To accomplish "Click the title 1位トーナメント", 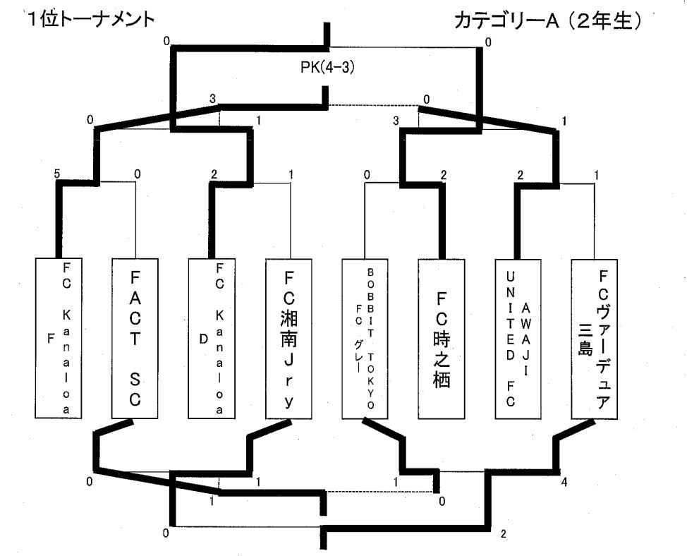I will tap(90, 20).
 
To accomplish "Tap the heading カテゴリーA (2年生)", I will tap(547, 21).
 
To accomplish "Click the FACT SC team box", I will tap(135, 339).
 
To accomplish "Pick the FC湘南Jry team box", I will tap(289, 339).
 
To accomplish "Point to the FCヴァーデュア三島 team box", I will tap(595, 339).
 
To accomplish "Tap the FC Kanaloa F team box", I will tap(59, 339).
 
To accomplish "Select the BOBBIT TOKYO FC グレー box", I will tap(365, 339).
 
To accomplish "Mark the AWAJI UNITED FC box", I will tap(518, 339).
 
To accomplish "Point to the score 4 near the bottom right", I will tap(565, 482).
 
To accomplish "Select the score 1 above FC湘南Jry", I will tap(291, 174).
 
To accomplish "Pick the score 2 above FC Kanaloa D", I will tap(213, 174).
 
